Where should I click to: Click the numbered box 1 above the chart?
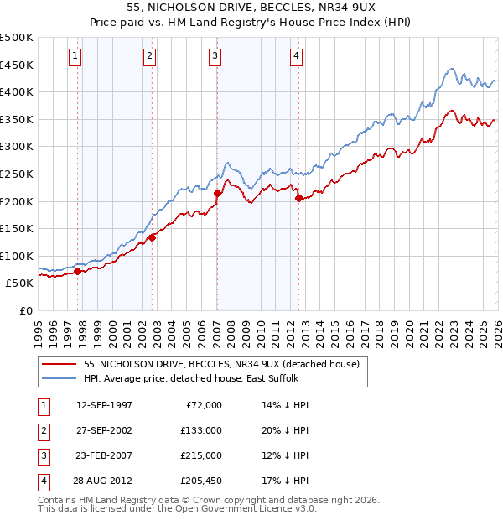click(75, 56)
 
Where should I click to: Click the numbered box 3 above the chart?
click(215, 56)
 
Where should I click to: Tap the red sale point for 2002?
click(152, 237)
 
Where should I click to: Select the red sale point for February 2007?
click(217, 193)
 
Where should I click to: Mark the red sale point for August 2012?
click(298, 198)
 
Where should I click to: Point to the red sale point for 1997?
click(77, 271)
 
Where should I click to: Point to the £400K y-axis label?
click(17, 91)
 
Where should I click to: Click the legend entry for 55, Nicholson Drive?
click(221, 364)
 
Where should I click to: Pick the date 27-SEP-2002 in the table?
click(104, 430)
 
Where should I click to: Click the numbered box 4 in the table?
click(42, 481)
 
